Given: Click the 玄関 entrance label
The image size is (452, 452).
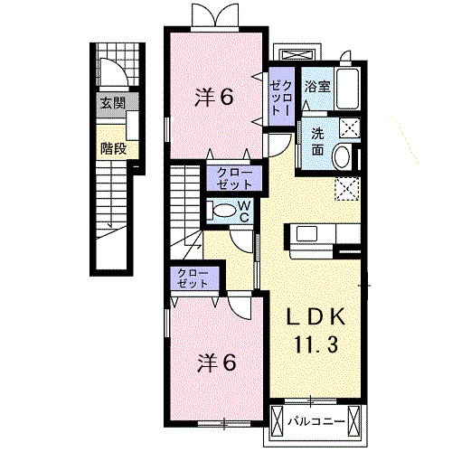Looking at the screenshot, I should tap(112, 101).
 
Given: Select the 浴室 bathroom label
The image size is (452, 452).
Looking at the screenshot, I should tap(316, 88).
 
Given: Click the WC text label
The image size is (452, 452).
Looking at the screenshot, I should tap(243, 212).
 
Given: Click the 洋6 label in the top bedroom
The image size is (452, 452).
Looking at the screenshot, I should tap(216, 98).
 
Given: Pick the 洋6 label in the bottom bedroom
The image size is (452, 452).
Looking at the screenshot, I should tap(217, 363).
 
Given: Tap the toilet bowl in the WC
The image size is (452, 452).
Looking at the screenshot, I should tap(220, 212).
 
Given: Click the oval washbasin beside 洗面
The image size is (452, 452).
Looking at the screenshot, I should tap(342, 156).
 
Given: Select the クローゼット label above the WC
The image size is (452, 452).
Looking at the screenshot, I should tap(234, 177).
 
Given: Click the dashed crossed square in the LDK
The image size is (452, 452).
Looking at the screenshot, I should tap(345, 188).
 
